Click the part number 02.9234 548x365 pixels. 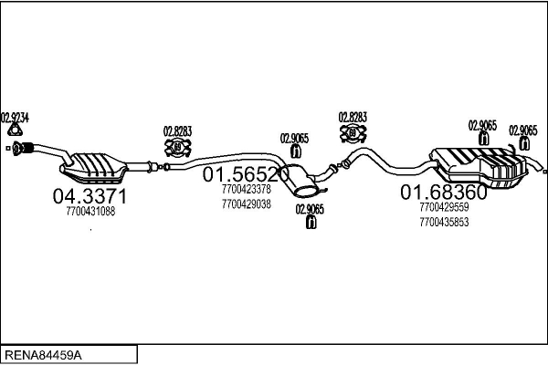(15, 117)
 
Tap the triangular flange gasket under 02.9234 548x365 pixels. (13, 130)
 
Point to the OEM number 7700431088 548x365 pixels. (90, 212)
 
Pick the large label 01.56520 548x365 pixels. (246, 173)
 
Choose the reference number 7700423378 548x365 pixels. (246, 190)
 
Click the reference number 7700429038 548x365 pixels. (246, 204)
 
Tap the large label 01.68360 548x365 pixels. (444, 193)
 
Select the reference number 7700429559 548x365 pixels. (444, 208)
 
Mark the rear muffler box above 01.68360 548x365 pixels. (479, 164)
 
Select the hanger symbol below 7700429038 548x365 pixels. (311, 224)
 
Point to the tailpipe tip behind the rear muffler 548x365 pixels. (543, 171)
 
